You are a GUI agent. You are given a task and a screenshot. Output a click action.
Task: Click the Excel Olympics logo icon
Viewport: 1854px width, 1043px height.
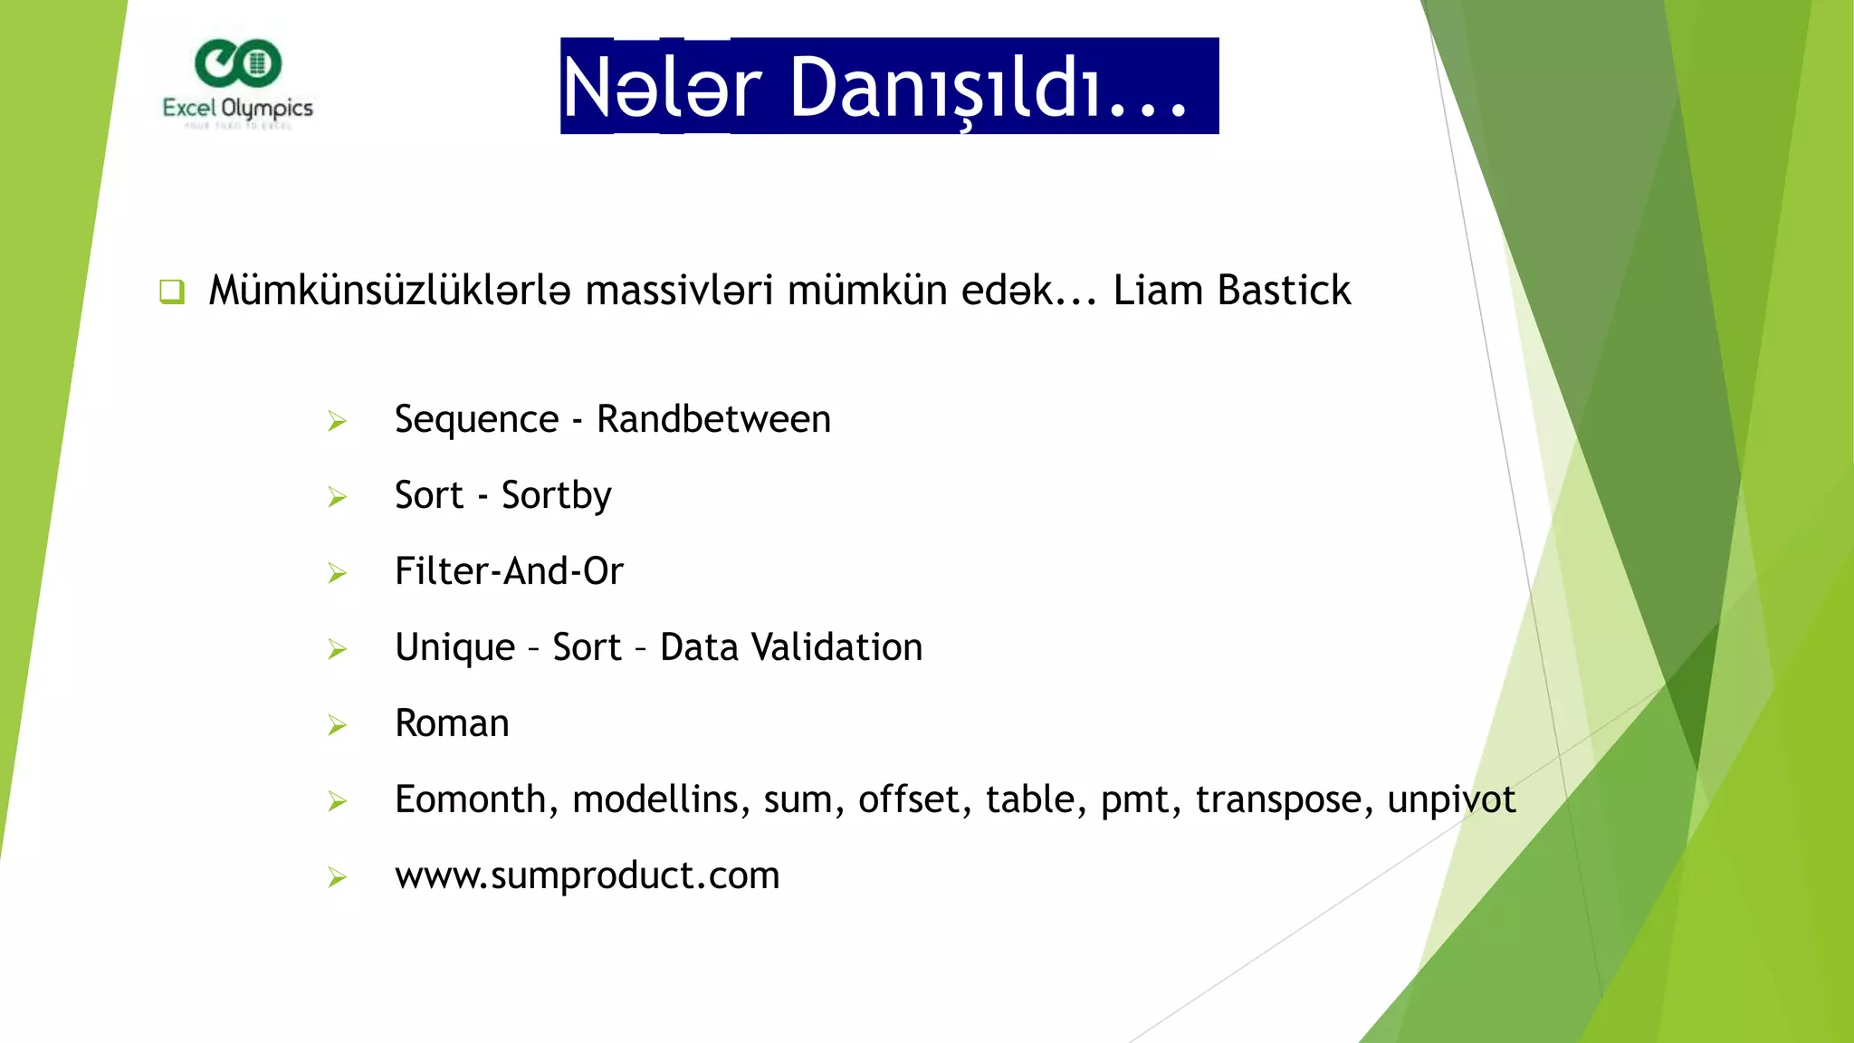pyautogui.click(x=238, y=63)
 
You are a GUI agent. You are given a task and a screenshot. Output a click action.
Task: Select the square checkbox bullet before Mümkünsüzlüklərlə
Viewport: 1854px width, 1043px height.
pyautogui.click(x=172, y=292)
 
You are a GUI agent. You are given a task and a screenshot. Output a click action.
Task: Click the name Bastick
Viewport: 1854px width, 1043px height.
pyautogui.click(x=1284, y=291)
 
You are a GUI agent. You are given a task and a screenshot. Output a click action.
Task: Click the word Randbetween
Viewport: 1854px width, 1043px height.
pyautogui.click(x=713, y=419)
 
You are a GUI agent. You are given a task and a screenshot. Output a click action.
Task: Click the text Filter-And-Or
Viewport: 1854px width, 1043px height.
pyautogui.click(x=509, y=571)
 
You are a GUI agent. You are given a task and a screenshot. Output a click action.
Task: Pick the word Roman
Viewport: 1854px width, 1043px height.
pyautogui.click(x=452, y=723)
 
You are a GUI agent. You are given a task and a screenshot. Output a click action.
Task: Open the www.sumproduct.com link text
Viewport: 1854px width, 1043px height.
pyautogui.click(x=587, y=876)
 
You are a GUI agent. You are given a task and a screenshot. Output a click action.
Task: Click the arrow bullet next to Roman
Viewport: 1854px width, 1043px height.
pyautogui.click(x=338, y=725)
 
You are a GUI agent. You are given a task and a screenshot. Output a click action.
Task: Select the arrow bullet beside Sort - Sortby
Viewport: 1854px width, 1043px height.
pyautogui.click(x=338, y=497)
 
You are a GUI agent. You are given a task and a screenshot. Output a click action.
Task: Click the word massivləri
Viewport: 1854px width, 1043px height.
pyautogui.click(x=679, y=291)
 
